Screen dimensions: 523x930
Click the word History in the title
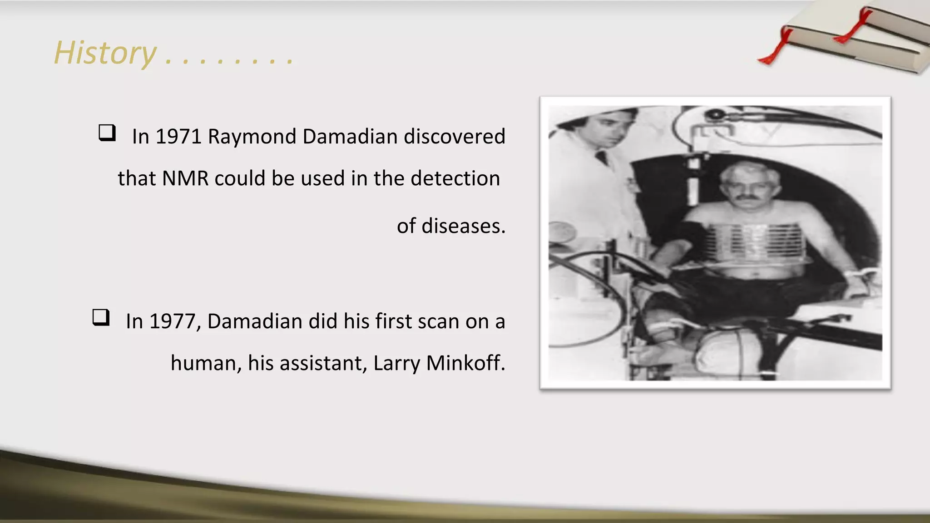105,53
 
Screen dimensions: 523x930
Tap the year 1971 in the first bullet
178,137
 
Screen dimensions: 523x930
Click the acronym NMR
185,178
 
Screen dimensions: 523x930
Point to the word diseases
463,226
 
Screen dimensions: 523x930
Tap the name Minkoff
465,363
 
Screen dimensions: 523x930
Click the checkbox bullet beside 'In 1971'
107,133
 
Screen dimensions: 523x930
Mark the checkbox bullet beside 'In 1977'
101,317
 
